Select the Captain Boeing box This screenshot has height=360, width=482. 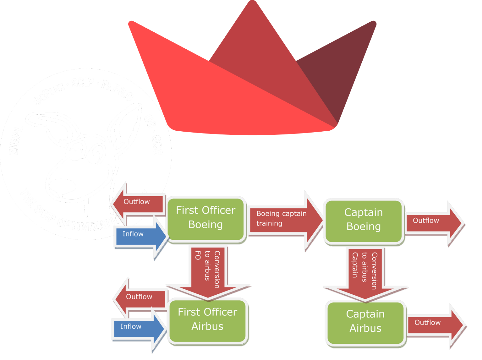point(364,220)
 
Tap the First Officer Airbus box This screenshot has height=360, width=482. point(207,319)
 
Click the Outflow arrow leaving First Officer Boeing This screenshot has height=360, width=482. point(138,202)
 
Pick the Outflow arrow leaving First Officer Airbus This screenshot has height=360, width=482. point(140,297)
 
